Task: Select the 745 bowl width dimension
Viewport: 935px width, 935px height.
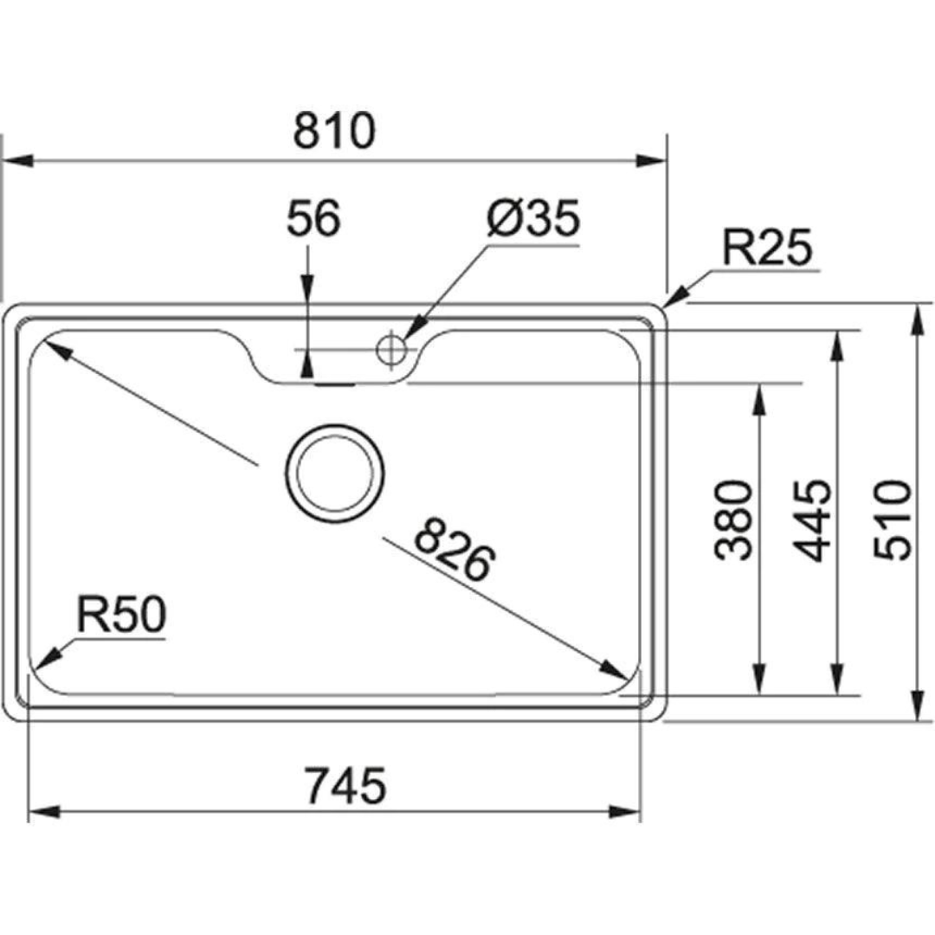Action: pos(345,786)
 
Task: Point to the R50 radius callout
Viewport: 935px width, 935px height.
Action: pos(119,616)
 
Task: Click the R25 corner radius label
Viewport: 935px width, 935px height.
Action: pos(768,249)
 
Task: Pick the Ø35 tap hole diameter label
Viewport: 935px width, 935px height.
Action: pos(532,221)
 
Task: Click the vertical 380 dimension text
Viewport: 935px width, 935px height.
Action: pos(735,519)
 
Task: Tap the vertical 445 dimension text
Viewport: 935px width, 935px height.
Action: pos(811,519)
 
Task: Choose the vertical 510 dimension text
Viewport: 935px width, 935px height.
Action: pos(892,519)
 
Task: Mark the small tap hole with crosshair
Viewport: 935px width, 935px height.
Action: pos(390,349)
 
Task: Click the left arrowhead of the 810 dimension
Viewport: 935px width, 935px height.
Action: pos(17,161)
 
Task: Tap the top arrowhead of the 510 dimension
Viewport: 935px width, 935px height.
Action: pos(918,319)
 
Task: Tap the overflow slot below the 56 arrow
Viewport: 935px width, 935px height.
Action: pos(334,384)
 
